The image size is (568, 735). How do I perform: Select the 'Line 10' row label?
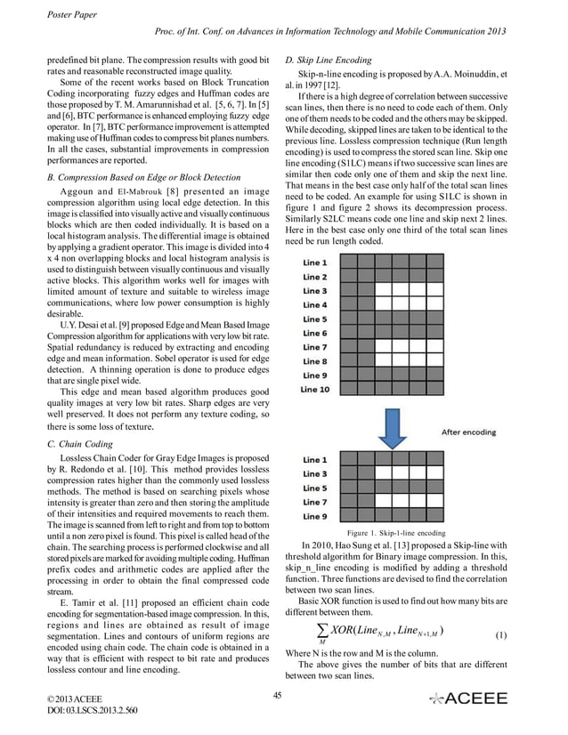[x=315, y=390]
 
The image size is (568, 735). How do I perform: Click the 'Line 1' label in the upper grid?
[x=314, y=263]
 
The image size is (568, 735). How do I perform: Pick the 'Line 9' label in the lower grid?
[x=314, y=516]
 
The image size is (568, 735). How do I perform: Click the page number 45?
[x=278, y=694]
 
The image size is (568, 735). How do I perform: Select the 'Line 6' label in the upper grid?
[x=314, y=334]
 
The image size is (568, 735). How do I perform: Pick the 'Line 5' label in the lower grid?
[x=314, y=489]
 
